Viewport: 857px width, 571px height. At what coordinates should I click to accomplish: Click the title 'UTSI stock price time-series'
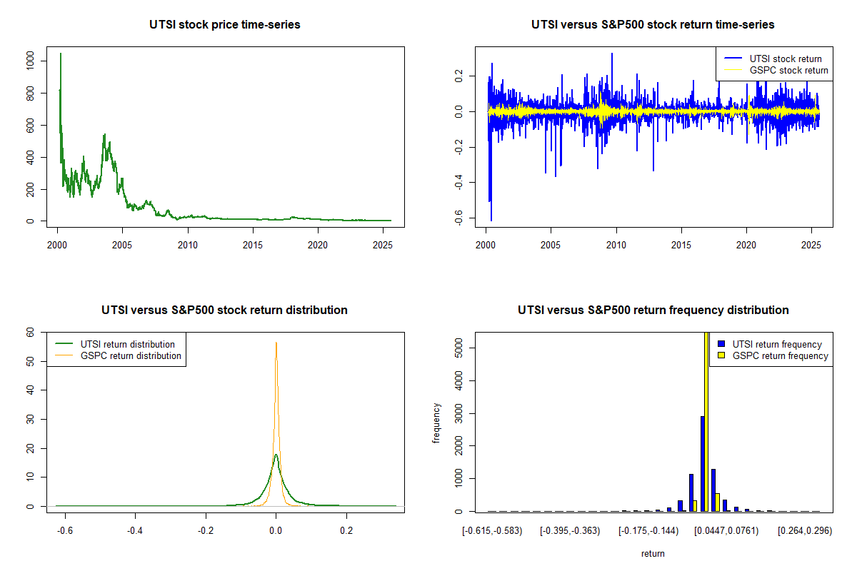click(x=224, y=25)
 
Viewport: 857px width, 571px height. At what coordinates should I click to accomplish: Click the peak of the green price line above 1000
click(x=61, y=54)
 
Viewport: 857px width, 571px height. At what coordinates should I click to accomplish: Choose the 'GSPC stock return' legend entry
click(x=788, y=70)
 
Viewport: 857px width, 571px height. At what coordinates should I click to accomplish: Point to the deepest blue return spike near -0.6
click(x=491, y=220)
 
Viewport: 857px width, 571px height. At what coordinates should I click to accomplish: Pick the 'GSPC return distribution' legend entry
click(x=131, y=355)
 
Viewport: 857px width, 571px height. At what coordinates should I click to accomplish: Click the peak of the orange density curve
click(x=276, y=343)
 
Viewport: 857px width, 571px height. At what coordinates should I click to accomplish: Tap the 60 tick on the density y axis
click(x=31, y=332)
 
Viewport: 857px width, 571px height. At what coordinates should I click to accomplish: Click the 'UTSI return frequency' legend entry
click(x=777, y=344)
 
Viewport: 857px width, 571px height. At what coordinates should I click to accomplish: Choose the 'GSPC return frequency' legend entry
click(x=780, y=355)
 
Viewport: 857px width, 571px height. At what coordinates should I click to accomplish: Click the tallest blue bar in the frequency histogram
click(x=703, y=463)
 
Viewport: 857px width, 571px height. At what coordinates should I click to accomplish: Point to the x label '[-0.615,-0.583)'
click(x=492, y=530)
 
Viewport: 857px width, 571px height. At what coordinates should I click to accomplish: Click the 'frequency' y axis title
click(x=437, y=422)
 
